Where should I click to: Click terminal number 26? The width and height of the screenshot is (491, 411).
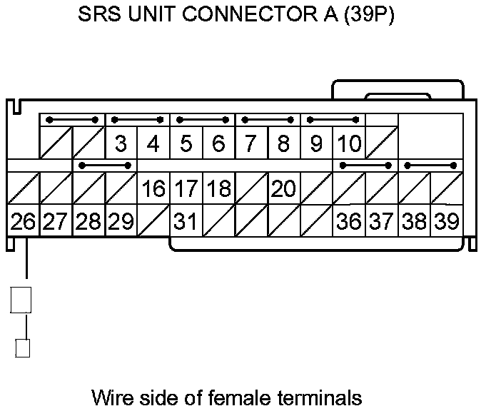click(23, 222)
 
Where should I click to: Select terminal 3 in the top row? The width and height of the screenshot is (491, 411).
click(121, 144)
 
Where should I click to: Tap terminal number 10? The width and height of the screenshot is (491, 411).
click(349, 144)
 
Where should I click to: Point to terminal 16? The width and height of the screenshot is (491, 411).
click(153, 189)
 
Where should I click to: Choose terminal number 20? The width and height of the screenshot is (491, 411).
click(283, 189)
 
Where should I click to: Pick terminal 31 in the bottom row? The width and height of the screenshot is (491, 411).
click(186, 222)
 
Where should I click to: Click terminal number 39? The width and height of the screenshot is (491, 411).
click(447, 222)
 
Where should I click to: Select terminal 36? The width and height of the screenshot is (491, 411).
click(349, 222)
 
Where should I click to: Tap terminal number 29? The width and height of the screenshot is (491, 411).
click(121, 222)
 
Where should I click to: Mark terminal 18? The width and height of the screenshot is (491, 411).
click(218, 189)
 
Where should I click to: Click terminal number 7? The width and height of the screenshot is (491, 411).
click(250, 144)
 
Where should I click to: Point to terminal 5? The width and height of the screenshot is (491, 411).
click(186, 144)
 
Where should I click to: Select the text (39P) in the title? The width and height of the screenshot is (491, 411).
click(369, 16)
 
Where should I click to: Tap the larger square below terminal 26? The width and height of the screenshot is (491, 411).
click(21, 300)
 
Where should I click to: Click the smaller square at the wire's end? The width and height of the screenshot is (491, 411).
click(23, 348)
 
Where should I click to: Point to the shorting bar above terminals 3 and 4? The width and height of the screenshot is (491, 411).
click(137, 120)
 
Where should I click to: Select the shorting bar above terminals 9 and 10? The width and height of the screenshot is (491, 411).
click(333, 120)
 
